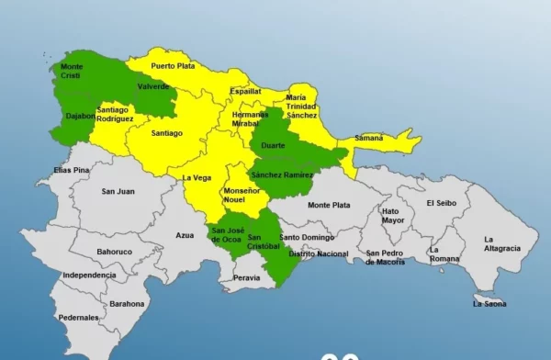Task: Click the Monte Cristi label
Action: [71, 71]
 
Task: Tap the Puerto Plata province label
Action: [174, 66]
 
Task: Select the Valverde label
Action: [152, 86]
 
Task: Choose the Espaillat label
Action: [245, 92]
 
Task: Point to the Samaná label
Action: [368, 138]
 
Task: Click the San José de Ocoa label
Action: [226, 234]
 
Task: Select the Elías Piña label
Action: [71, 170]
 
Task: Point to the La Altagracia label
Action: [501, 243]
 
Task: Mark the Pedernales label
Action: [78, 317]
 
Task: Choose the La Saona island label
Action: [490, 303]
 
